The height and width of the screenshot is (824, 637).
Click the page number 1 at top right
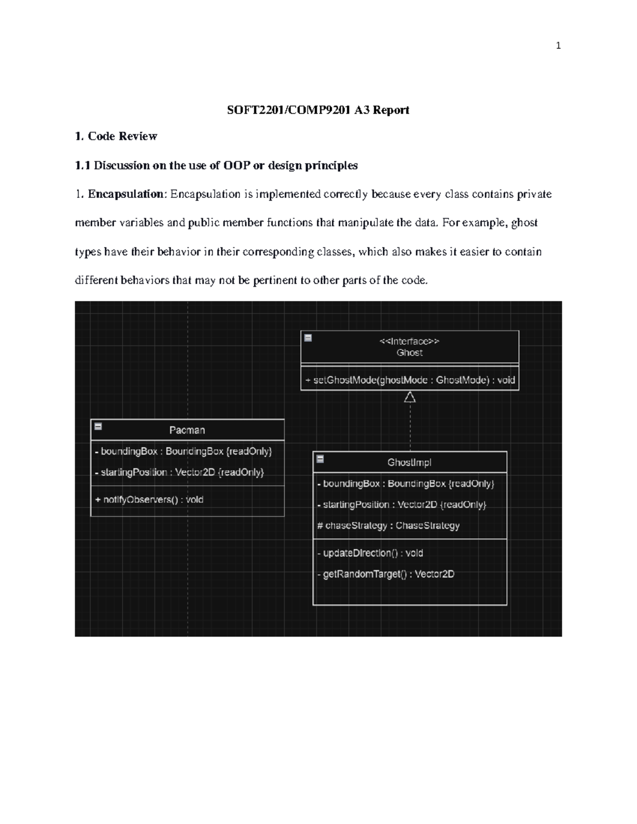[x=558, y=46]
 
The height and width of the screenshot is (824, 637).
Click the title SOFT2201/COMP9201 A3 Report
[x=318, y=110]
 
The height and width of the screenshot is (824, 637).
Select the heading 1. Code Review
[x=116, y=136]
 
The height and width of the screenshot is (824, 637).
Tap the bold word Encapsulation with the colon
[x=127, y=194]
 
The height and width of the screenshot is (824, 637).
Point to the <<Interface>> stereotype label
[x=409, y=342]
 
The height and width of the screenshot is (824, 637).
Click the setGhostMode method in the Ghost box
[x=410, y=380]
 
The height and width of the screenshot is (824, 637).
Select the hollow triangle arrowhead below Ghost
[x=409, y=397]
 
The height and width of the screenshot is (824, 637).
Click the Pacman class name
[x=187, y=430]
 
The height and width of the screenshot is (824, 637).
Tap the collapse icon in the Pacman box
[x=98, y=426]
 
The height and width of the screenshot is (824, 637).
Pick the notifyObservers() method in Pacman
[x=149, y=500]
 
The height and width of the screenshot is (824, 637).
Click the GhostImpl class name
[x=409, y=463]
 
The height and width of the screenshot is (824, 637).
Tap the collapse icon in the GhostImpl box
[x=320, y=458]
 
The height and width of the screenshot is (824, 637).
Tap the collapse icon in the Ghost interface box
[x=308, y=337]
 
